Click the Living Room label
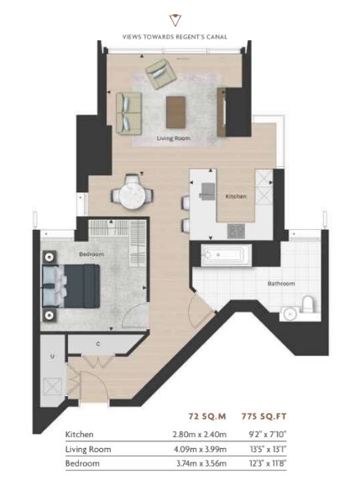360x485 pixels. (173, 138)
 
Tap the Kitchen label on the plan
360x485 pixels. (236, 196)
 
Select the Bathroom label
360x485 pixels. (281, 284)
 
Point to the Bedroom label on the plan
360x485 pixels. (91, 254)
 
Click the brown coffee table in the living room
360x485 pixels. (175, 112)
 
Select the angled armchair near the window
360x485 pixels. (161, 74)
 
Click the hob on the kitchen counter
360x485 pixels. (237, 231)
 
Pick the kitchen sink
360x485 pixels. (208, 190)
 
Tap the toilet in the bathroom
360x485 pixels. (308, 305)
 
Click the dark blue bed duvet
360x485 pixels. (82, 286)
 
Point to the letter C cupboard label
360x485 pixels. (98, 344)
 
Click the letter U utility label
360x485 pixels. (52, 357)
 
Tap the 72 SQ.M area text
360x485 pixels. (207, 416)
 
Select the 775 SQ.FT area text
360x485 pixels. (264, 416)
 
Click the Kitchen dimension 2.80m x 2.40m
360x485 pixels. (200, 435)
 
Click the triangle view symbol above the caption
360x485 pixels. (175, 20)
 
